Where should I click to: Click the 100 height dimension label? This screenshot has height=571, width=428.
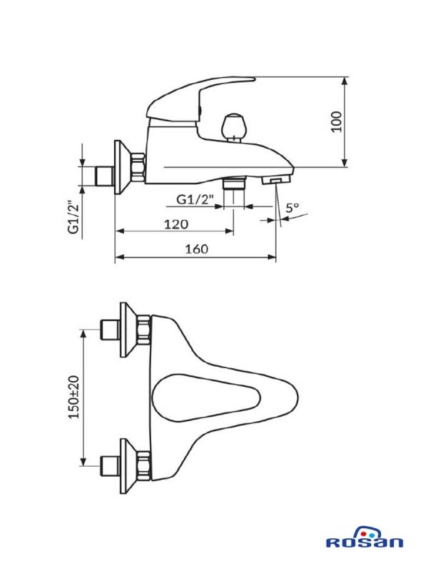click(337, 121)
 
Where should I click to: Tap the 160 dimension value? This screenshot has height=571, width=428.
click(195, 249)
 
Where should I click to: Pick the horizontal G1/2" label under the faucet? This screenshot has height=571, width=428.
click(195, 200)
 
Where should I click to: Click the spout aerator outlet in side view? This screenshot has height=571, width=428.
click(273, 182)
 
